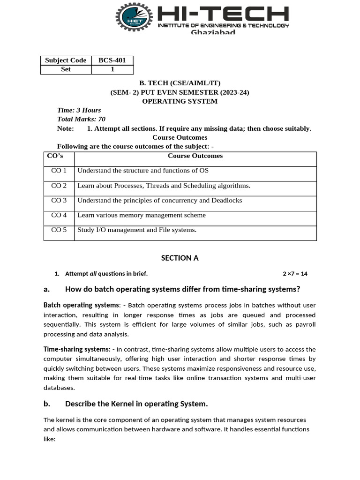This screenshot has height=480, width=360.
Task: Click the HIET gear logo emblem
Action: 135,17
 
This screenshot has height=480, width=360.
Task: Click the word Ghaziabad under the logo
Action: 213,32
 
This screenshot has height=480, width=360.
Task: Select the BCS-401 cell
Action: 112,60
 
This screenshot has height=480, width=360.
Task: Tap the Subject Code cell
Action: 66,60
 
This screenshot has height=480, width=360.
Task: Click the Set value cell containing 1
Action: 112,69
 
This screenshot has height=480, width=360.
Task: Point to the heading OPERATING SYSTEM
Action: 180,101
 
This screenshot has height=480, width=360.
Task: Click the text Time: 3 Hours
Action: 79,110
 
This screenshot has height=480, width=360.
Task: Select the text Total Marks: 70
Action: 81,119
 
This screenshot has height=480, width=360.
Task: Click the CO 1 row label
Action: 59,171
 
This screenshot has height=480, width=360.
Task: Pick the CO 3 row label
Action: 59,201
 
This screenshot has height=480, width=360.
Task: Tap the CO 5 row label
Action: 59,230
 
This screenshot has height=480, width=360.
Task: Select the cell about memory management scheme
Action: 142,216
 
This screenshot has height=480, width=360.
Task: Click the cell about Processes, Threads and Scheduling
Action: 164,186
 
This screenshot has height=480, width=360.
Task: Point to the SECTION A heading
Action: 180,258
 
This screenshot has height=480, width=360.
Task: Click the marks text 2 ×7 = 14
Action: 295,274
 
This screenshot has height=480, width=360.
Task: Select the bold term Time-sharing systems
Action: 76,349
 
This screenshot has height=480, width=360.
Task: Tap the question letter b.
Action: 46,404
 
